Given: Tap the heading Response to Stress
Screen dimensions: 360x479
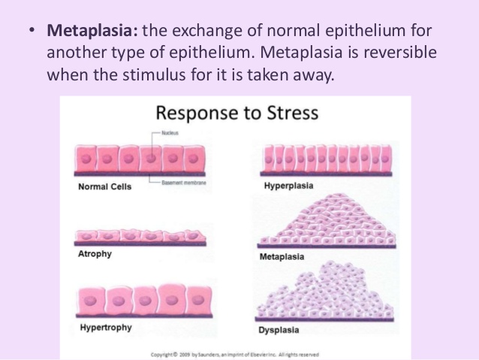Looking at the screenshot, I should point(236,113).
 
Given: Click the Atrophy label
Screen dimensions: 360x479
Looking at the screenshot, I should point(95,254).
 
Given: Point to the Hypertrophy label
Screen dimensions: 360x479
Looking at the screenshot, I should point(104,328).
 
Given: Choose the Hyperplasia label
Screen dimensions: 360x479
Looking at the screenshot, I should point(288,185).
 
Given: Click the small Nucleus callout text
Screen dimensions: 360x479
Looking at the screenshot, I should point(170,134).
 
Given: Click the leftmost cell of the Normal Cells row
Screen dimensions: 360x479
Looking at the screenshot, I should point(86,160).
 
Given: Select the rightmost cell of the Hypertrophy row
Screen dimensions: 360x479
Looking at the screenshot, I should point(194,298).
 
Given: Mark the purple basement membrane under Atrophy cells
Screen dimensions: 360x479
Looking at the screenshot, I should point(143,245).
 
